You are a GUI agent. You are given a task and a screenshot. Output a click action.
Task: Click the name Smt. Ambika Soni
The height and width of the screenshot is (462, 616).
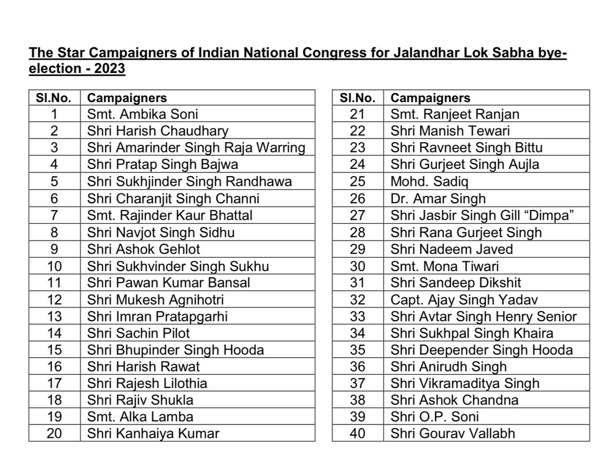click(x=142, y=114)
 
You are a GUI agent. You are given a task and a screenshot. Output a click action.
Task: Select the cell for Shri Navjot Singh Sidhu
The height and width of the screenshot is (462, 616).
click(x=161, y=233)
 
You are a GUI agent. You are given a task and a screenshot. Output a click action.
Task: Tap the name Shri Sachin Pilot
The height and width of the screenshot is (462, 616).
click(x=138, y=333)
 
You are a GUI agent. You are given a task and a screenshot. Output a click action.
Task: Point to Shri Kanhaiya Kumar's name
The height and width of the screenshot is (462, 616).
click(x=153, y=434)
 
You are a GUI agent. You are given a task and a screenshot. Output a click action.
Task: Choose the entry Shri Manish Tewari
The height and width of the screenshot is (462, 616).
click(x=450, y=131)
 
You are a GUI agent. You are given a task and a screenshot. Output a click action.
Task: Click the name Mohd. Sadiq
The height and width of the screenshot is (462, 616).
click(x=430, y=182)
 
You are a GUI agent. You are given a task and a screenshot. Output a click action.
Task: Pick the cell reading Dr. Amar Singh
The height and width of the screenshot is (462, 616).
click(x=438, y=199)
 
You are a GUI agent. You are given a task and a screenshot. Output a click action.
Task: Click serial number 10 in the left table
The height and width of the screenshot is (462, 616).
click(x=54, y=266)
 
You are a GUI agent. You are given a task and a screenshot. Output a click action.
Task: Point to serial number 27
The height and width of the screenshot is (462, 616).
click(x=358, y=216)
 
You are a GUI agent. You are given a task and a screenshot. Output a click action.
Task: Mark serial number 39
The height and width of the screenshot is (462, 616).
click(x=358, y=417)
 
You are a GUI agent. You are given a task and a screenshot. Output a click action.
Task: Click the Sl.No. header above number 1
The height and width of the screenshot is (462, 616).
click(x=54, y=98)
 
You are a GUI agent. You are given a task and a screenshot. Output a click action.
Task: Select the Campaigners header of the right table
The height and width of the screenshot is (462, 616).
click(x=431, y=98)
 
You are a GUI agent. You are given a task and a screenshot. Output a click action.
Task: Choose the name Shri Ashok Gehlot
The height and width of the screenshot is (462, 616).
click(x=144, y=249)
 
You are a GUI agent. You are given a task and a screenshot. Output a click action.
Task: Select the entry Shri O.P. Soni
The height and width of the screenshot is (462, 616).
click(x=427, y=417)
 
